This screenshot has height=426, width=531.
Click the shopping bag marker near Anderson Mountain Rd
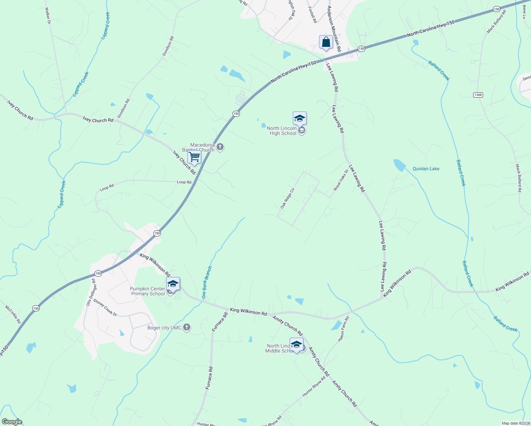pyautogui.click(x=326, y=42)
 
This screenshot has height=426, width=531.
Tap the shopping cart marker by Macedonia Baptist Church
pyautogui.click(x=195, y=157)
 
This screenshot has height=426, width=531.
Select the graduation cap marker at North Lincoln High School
pyautogui.click(x=300, y=118)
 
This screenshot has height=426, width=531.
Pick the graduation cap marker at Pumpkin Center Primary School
pyautogui.click(x=173, y=284)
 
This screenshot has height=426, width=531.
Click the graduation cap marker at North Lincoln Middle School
pyautogui.click(x=296, y=345)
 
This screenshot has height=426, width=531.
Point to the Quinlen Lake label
pyautogui.click(x=426, y=169)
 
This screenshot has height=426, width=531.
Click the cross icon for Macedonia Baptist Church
pyautogui.click(x=220, y=147)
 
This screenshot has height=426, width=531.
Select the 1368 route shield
pyautogui.click(x=478, y=95)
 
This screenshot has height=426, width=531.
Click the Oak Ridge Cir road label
pyautogui.click(x=288, y=198)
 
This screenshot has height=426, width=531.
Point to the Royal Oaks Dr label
pyautogui.click(x=341, y=180)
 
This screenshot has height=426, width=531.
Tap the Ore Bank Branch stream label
pyautogui.click(x=207, y=283)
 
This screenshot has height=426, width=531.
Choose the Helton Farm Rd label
pyautogui.click(x=343, y=329)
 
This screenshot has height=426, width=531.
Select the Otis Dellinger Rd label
pyautogui.click(x=91, y=292)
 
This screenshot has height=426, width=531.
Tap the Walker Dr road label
pyautogui.click(x=48, y=15)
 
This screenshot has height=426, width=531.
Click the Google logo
pyautogui.click(x=12, y=422)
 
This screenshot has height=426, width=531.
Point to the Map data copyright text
pyautogui.click(x=515, y=423)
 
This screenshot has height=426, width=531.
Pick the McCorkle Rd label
pyautogui.click(x=13, y=314)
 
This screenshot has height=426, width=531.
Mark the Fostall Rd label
pyautogui.click(x=312, y=15)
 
